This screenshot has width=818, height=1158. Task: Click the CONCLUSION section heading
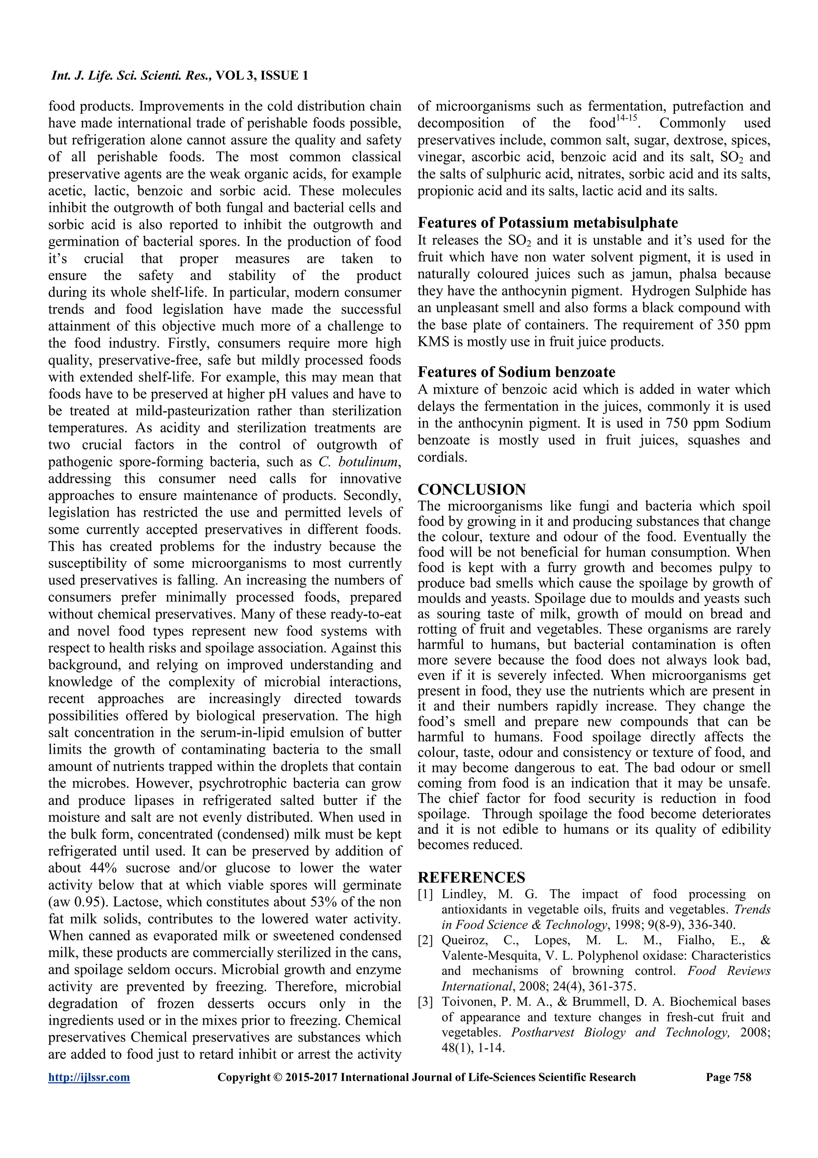click(x=471, y=489)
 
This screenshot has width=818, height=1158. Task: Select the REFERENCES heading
click(x=471, y=877)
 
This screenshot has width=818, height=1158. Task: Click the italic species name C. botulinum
click(x=360, y=462)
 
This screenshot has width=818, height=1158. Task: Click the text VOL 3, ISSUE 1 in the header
click(x=262, y=76)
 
